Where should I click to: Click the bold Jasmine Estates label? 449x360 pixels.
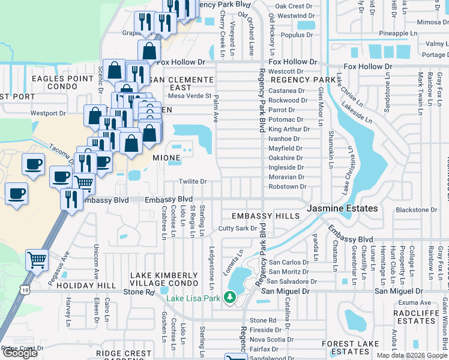(343, 208)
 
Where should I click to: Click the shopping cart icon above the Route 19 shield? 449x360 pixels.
(37, 260)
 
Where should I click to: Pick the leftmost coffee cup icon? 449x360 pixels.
(16, 194)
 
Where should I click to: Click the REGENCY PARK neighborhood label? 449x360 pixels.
(306, 80)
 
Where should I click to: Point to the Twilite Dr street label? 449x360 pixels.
(193, 182)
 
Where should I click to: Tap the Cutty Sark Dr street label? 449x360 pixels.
(237, 229)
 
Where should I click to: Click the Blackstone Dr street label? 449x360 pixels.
(417, 210)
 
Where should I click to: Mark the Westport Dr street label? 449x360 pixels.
(48, 113)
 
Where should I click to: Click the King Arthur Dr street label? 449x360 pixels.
(289, 129)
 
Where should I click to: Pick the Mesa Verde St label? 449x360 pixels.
(190, 95)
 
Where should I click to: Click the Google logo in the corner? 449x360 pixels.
(20, 353)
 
